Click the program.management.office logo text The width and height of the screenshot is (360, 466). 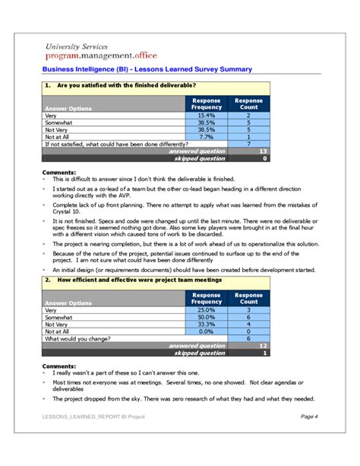97,57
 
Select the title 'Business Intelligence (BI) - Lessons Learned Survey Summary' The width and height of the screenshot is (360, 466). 147,70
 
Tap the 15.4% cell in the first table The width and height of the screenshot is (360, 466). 206,115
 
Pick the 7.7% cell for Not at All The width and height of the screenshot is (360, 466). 206,136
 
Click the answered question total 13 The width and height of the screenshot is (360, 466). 262,151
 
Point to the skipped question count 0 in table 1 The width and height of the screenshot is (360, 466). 264,158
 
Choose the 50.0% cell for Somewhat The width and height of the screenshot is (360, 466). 206,317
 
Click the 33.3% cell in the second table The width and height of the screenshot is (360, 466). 206,325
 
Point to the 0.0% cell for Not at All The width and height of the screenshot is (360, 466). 206,331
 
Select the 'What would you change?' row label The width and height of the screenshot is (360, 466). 77,339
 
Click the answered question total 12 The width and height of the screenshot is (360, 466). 262,346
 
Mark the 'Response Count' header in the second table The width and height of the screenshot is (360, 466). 248,298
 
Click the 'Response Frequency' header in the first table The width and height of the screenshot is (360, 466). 206,103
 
